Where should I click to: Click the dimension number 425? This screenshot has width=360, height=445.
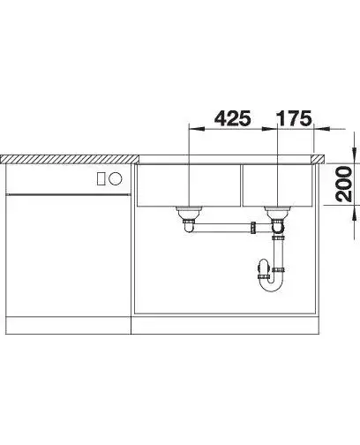[233, 118]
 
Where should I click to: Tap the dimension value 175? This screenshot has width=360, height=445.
[294, 118]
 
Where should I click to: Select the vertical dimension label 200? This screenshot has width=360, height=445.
[343, 184]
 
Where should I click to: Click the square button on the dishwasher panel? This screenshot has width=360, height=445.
[101, 179]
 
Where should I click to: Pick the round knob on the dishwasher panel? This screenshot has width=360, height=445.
[115, 178]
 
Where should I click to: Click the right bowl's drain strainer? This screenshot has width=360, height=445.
[277, 210]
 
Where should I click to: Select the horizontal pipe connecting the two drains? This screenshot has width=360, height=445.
[222, 228]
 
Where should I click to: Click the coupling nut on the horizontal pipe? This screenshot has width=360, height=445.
[253, 228]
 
